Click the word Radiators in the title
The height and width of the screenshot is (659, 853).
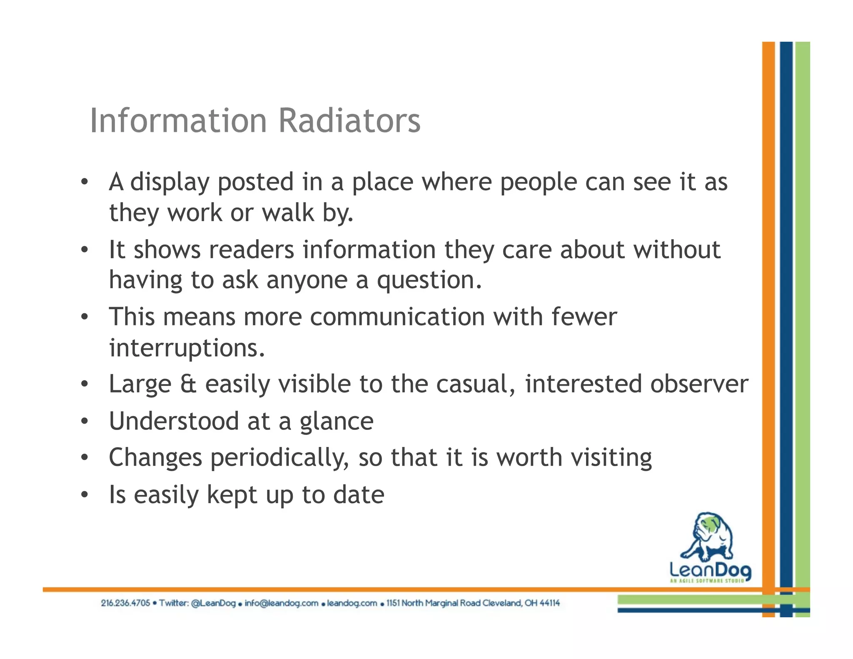pyautogui.click(x=349, y=121)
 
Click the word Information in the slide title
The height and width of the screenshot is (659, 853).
pyautogui.click(x=178, y=121)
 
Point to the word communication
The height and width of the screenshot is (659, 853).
pyautogui.click(x=397, y=317)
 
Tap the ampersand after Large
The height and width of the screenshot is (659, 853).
pyautogui.click(x=188, y=384)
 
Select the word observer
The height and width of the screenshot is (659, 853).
pyautogui.click(x=699, y=384)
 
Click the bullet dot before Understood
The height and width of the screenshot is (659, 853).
pyautogui.click(x=85, y=422)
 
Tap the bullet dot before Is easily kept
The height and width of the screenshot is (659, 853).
pyautogui.click(x=85, y=495)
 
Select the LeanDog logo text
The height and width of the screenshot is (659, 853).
pyautogui.click(x=710, y=569)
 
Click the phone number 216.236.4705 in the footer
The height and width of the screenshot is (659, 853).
pyautogui.click(x=125, y=603)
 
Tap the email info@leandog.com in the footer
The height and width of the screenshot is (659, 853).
pyautogui.click(x=281, y=603)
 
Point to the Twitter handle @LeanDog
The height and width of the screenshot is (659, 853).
pyautogui.click(x=213, y=603)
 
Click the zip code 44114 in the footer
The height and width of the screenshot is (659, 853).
pyautogui.click(x=549, y=603)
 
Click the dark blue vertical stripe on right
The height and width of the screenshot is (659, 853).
pyautogui.click(x=786, y=292)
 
